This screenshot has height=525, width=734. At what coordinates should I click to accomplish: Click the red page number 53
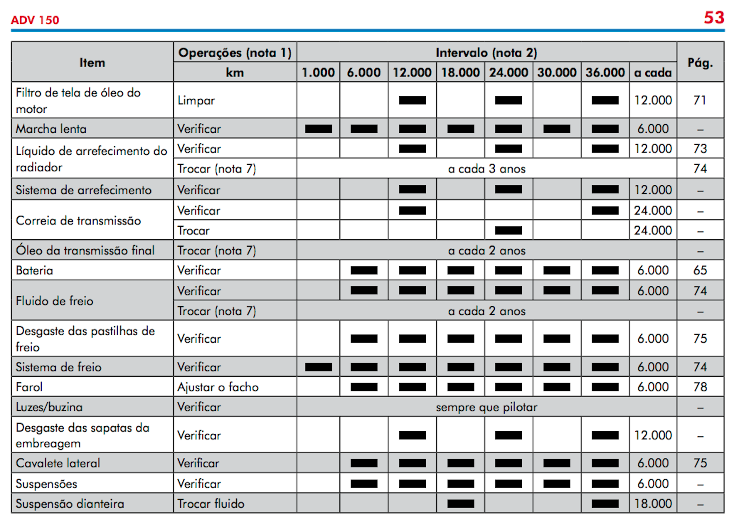click(714, 18)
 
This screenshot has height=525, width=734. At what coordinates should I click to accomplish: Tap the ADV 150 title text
click(35, 20)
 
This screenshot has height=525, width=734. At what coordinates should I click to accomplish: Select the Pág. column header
click(700, 62)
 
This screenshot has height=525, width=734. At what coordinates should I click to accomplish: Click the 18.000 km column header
click(460, 72)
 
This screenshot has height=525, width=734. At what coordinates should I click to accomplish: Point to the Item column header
click(92, 62)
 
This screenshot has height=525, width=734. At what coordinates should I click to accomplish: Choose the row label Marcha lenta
click(51, 129)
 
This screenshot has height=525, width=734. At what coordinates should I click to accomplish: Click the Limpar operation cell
click(196, 100)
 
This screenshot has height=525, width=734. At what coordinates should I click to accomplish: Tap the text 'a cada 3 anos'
click(487, 169)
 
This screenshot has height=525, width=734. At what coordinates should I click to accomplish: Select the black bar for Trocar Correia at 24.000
click(508, 230)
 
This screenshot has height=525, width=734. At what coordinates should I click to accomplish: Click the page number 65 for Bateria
click(700, 270)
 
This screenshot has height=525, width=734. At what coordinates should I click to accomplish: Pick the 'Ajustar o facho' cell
click(218, 387)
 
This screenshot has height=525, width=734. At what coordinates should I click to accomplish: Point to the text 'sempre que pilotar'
click(487, 407)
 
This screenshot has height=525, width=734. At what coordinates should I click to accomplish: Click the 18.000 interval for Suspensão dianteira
click(653, 504)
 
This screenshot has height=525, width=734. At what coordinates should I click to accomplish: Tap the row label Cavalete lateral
click(58, 463)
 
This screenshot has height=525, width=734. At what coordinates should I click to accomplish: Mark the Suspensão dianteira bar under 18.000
click(461, 504)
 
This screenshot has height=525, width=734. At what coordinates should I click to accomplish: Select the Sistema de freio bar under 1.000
click(318, 367)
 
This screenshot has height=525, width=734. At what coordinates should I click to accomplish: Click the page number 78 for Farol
click(700, 387)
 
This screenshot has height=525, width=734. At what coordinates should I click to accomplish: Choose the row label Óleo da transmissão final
click(85, 250)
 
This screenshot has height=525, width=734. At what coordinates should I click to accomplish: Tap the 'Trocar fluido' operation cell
click(211, 504)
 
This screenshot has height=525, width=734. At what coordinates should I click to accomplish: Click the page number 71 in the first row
click(700, 100)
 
